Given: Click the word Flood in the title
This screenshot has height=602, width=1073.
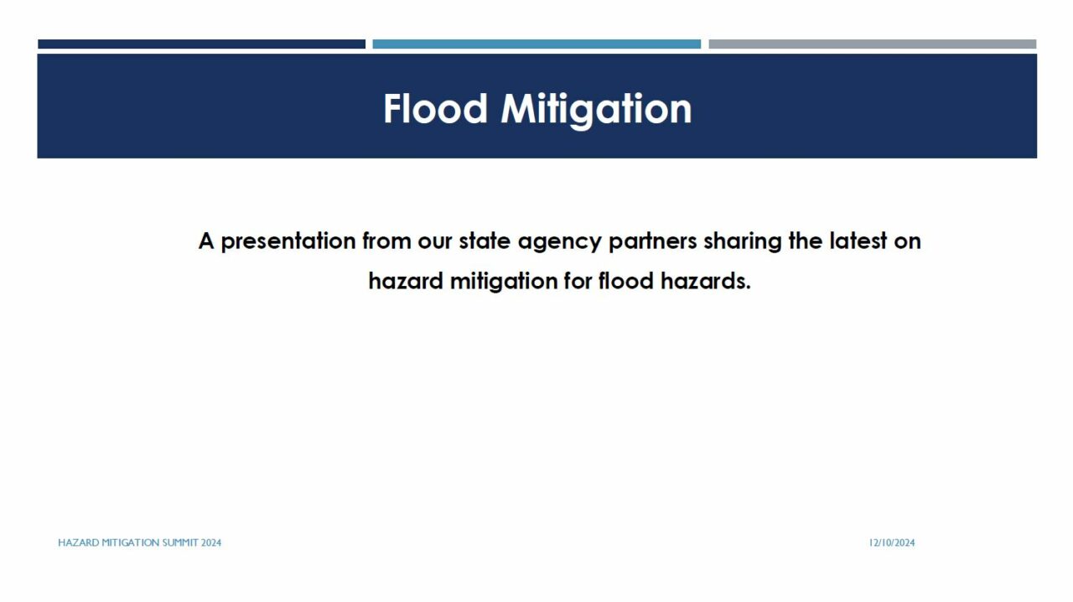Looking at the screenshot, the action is tap(435, 109).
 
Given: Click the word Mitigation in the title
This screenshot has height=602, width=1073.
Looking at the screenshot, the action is tap(596, 112).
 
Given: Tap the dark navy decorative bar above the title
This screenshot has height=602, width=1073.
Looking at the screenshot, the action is tap(202, 44).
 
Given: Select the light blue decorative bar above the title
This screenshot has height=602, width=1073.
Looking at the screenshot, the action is tap(536, 44).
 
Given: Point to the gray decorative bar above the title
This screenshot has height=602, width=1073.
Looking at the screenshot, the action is tap(873, 44).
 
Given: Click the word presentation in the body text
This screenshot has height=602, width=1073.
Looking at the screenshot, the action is tap(288, 241).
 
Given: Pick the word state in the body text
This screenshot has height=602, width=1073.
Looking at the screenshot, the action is tap(485, 241).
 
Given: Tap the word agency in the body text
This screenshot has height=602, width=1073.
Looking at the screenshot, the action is tap(559, 242).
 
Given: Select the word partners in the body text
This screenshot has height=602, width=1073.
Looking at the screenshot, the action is tap(652, 242).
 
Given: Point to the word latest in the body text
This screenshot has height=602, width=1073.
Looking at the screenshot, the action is tap(858, 241).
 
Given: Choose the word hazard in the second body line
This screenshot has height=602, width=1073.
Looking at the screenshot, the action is tap(406, 281).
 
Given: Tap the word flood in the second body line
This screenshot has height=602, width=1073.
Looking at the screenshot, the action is tap(626, 280).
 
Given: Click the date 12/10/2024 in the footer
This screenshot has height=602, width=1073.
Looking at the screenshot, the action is tap(892, 542).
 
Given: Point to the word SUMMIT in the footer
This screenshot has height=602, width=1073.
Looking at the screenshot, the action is tap(180, 542).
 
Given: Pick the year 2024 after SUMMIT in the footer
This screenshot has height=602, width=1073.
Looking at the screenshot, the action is tap(211, 542).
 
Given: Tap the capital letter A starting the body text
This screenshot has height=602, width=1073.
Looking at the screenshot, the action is tap(206, 241).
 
